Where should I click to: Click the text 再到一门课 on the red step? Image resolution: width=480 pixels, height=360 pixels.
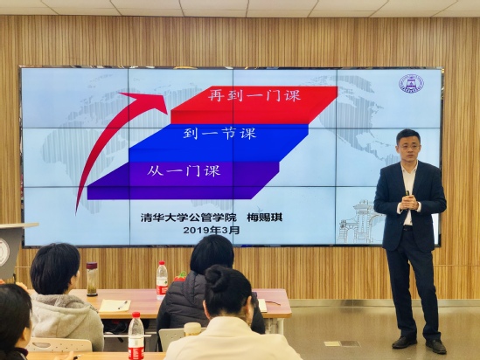coord(254,95)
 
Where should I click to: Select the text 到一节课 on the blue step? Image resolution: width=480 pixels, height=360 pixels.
coord(219,134)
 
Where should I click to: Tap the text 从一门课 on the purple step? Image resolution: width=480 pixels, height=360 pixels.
coord(184,170)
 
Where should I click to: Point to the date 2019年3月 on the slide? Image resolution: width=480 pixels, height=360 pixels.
coord(212,230)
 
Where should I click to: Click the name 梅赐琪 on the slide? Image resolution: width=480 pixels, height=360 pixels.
coord(265,218)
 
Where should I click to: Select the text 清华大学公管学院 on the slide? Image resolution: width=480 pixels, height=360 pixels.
coord(189,218)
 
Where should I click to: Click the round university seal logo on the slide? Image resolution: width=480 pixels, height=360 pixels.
coord(411,84)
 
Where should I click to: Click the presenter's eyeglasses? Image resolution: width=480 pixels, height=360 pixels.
coord(408,147)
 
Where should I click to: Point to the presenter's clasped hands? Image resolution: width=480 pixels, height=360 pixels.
coord(408,203)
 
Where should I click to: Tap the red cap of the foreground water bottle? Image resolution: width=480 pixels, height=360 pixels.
coord(136,315)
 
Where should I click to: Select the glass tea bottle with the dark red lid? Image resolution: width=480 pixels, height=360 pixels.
coord(92,279)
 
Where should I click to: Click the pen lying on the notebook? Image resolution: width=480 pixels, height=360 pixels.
coord(123,305)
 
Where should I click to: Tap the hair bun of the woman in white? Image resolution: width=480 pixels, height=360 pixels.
coord(215,278)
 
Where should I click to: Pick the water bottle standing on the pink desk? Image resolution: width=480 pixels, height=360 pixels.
coord(162,280)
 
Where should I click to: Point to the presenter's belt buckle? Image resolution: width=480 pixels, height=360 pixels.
coord(407,228)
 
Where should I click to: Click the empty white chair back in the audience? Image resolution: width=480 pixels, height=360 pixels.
coord(60,344)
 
